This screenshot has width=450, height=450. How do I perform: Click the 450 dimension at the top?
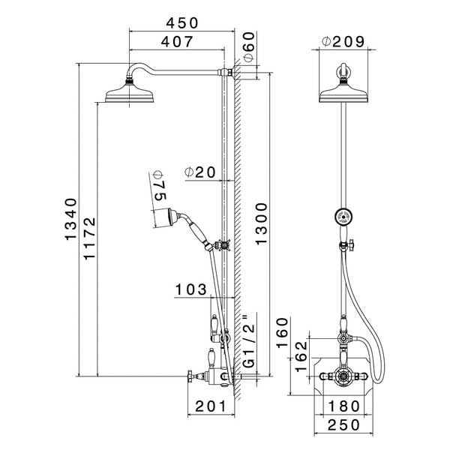pyautogui.click(x=182, y=23)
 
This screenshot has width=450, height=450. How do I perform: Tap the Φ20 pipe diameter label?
pyautogui.click(x=200, y=172)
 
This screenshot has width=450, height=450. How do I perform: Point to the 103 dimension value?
pyautogui.click(x=192, y=289)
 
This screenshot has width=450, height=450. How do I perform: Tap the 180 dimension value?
pyautogui.click(x=344, y=406)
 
